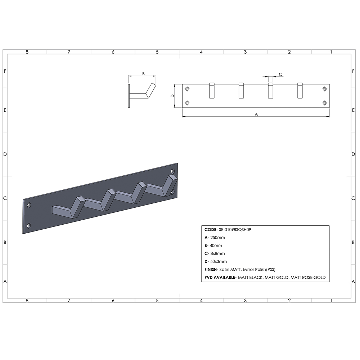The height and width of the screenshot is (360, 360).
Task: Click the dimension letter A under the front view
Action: tap(256, 114)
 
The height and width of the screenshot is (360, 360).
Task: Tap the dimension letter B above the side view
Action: tap(143, 73)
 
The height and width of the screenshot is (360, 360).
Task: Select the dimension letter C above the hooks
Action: tap(280, 74)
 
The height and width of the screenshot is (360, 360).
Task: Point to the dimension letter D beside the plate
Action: tap(172, 96)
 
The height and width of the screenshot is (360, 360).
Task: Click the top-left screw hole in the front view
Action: tap(187, 89)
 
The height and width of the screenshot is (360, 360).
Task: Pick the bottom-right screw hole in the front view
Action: tap(325, 103)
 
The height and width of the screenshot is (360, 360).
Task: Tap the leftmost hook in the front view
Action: tap(212, 90)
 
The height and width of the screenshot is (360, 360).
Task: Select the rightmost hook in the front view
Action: tap(300, 90)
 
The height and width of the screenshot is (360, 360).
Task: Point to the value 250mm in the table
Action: tap(218, 237)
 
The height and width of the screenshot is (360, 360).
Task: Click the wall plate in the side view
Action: tap(129, 96)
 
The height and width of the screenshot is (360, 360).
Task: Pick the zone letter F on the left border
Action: tap(5, 71)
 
